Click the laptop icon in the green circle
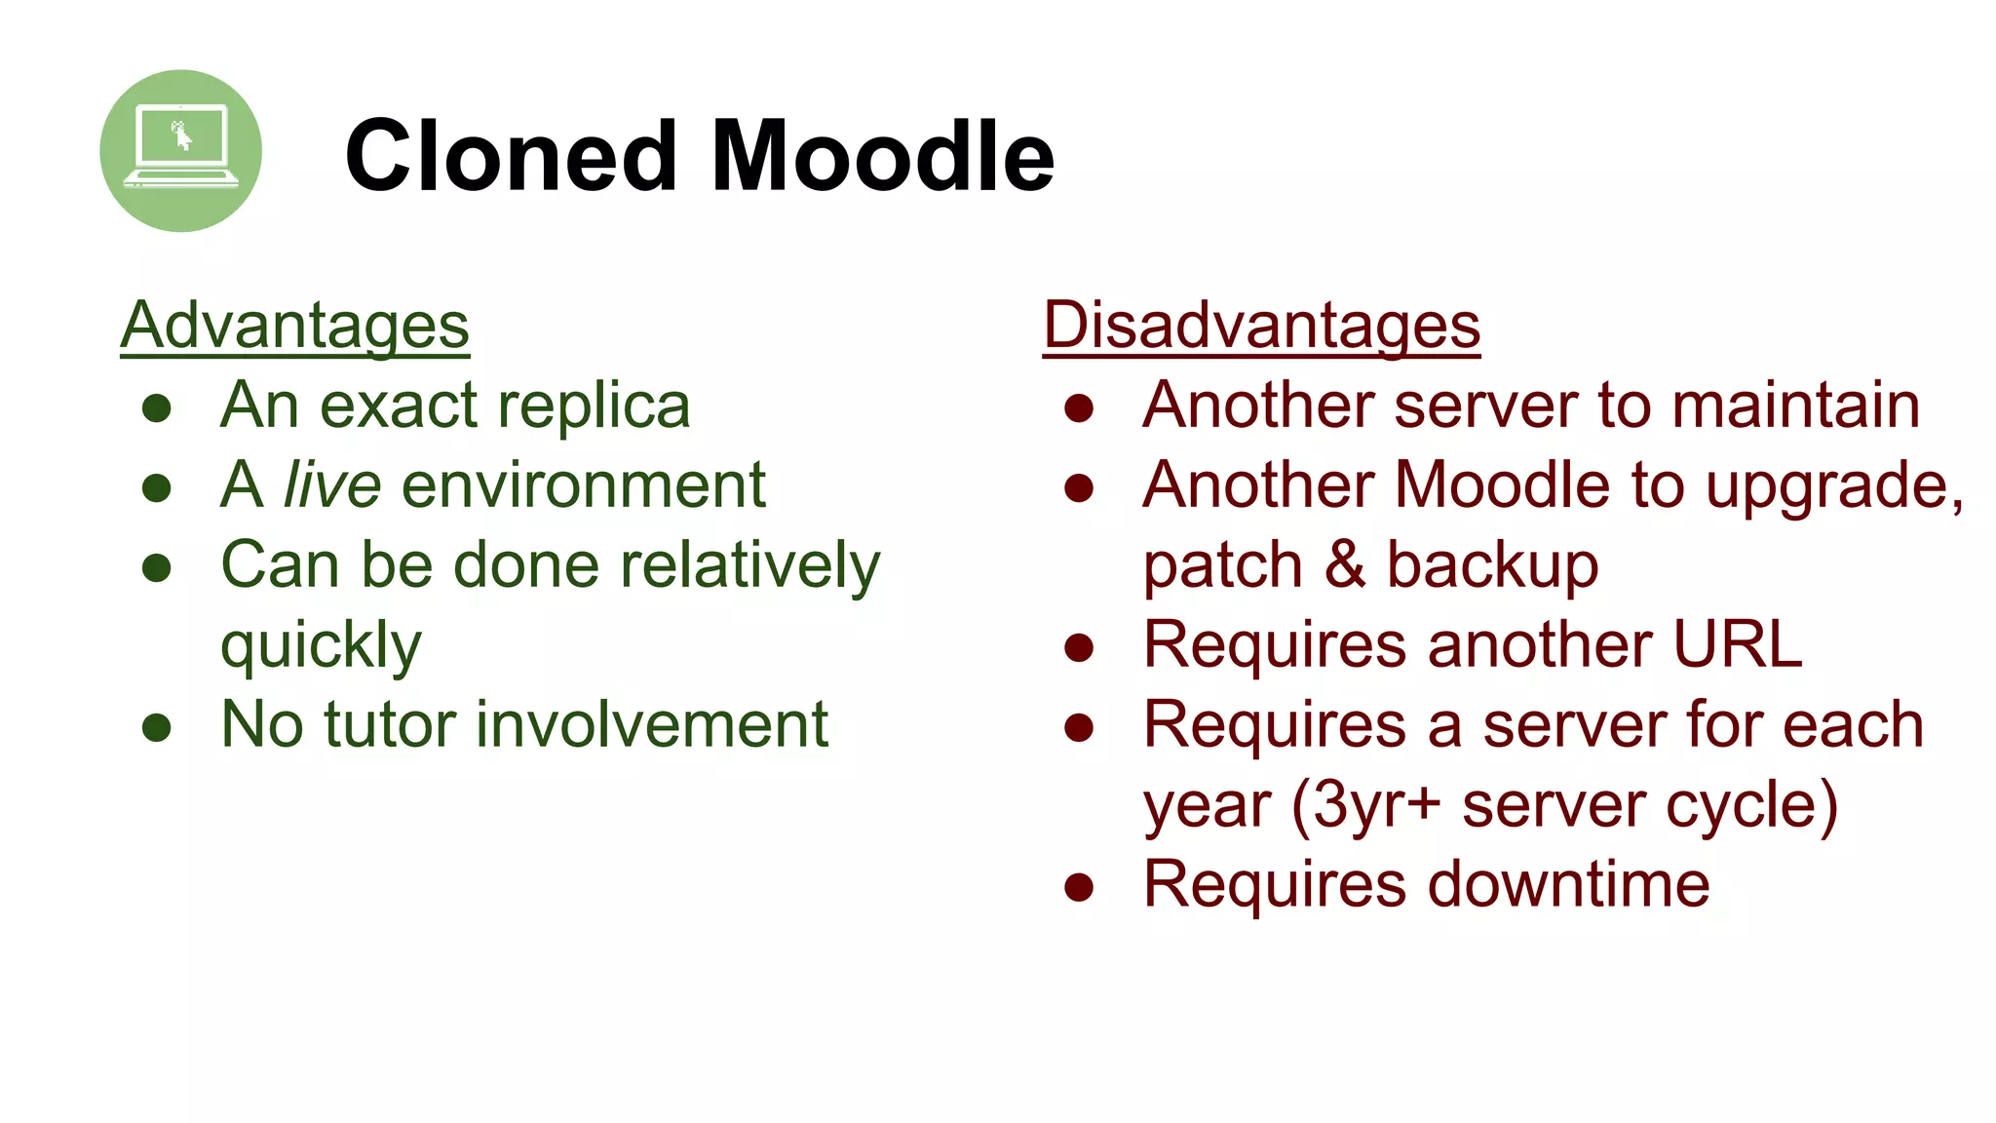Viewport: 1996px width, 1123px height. click(181, 148)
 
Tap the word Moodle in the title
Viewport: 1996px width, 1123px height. click(883, 156)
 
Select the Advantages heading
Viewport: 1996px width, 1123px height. click(295, 326)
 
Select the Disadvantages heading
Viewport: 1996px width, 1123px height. click(1261, 326)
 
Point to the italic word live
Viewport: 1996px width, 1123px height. click(331, 484)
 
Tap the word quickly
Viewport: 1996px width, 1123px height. click(321, 646)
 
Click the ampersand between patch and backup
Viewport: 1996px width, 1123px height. click(1345, 564)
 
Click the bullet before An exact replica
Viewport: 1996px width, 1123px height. click(156, 407)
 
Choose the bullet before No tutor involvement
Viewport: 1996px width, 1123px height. click(156, 727)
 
